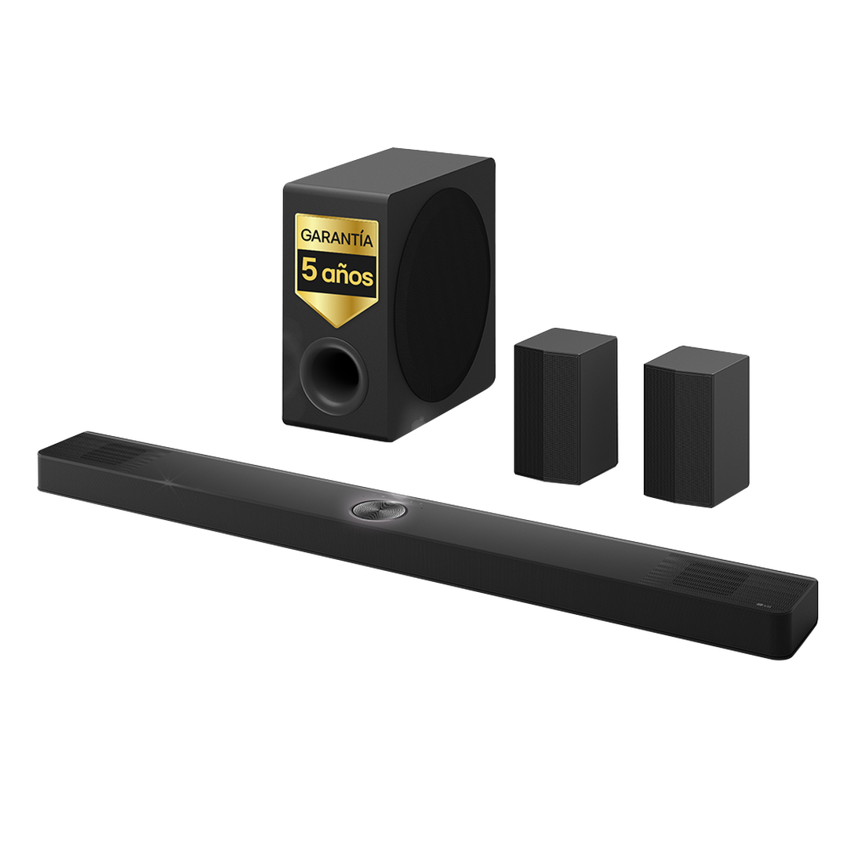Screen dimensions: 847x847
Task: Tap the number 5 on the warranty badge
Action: (x=311, y=274)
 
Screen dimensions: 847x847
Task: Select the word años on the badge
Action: (x=349, y=275)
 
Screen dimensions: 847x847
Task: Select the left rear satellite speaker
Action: (x=565, y=408)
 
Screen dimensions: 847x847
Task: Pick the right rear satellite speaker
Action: (x=694, y=427)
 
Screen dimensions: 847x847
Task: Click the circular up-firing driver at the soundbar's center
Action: (x=373, y=511)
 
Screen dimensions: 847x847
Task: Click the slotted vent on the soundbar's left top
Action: (x=110, y=456)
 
